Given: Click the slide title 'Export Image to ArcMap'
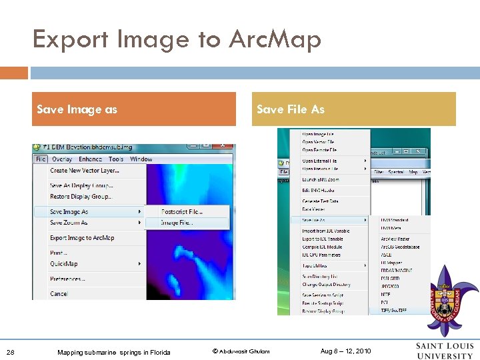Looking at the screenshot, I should [x=177, y=40].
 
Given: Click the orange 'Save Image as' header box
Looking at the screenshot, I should [x=134, y=109].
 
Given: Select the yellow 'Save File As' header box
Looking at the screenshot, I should [x=353, y=109].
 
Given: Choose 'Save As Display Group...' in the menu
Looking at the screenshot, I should [x=81, y=186].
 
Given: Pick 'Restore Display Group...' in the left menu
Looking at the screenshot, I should [x=81, y=197].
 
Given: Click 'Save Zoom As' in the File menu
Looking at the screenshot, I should [x=69, y=223].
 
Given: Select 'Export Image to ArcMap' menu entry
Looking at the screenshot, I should [x=82, y=238].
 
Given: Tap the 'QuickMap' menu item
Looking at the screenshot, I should [x=64, y=264].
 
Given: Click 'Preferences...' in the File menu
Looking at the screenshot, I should [x=67, y=279].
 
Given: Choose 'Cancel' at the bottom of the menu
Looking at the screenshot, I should [x=59, y=294].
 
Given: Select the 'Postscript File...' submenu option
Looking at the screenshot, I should [x=181, y=212].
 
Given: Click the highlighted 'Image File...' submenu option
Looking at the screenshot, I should [x=177, y=223].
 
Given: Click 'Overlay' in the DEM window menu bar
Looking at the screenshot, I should [x=62, y=159].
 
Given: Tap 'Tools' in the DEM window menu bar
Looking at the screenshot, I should [x=116, y=159].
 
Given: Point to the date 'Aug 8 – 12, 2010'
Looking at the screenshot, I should [x=345, y=351].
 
